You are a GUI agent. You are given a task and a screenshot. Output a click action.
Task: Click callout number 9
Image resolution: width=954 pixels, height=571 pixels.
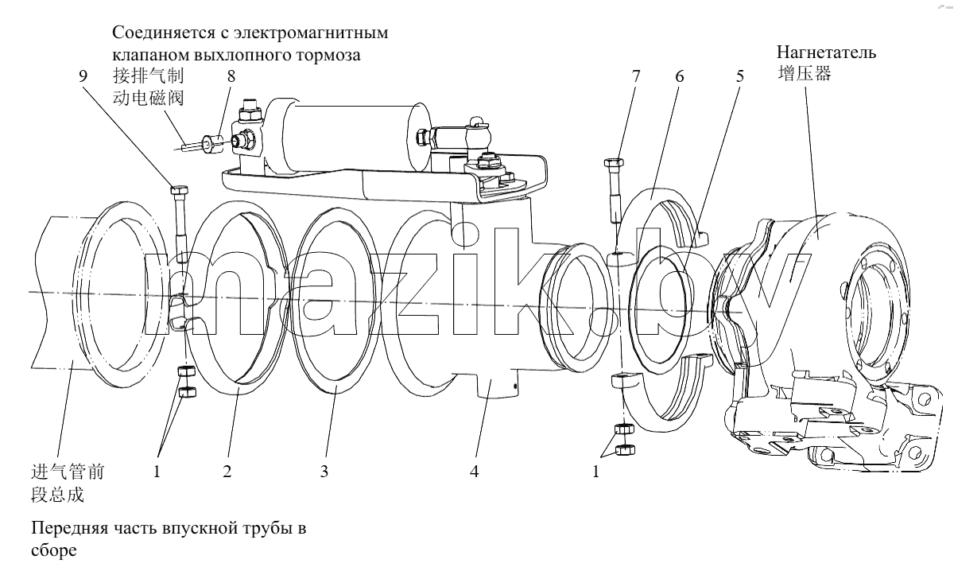click(x=83, y=76)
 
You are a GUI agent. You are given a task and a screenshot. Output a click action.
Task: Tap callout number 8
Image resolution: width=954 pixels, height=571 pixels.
click(x=231, y=76)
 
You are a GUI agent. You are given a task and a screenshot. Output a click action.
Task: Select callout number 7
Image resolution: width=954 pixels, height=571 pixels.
click(x=636, y=76)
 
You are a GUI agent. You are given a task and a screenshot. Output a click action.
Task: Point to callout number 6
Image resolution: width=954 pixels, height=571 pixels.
click(x=679, y=76)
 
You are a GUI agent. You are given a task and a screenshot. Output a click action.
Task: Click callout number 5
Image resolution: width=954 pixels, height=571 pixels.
click(x=740, y=76)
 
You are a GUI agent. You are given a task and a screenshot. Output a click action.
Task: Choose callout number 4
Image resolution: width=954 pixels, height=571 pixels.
click(x=475, y=472)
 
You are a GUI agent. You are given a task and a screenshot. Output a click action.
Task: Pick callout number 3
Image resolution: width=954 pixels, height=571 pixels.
click(x=324, y=472)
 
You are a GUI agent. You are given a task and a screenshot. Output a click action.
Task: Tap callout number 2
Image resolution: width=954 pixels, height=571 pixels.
click(x=227, y=472)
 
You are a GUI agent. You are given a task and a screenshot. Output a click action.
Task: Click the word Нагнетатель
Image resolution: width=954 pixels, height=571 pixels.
click(x=826, y=52)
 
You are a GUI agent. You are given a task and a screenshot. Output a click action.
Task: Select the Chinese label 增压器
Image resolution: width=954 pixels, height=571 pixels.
click(x=805, y=73)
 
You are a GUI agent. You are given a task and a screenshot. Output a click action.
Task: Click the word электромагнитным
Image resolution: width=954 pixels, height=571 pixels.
click(x=311, y=33)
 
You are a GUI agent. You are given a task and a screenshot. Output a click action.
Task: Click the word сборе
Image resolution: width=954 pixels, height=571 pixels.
click(x=54, y=550)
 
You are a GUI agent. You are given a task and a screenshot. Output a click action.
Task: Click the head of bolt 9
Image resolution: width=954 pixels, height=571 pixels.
click(x=180, y=189)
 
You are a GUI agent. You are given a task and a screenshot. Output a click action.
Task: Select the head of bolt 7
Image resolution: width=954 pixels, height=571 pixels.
click(x=614, y=162)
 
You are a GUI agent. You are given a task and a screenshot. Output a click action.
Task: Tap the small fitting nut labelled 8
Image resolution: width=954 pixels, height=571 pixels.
click(x=211, y=143)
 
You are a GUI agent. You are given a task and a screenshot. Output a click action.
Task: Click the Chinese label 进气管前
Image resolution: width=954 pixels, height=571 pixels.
click(x=68, y=472)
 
